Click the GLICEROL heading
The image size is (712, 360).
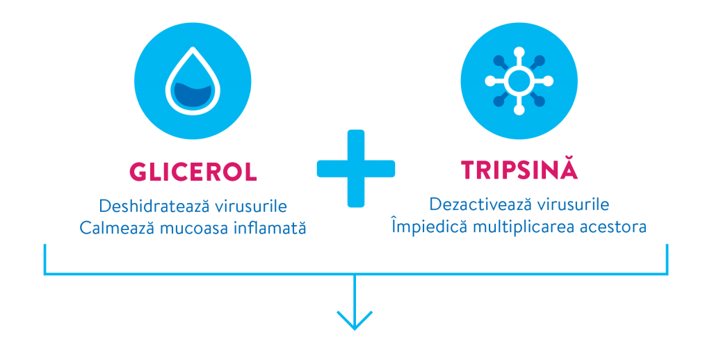click(193, 171)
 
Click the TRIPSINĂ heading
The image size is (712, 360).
click(519, 170)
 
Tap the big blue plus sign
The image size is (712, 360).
click(356, 167)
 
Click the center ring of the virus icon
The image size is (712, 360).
click(519, 82)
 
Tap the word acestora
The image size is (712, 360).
click(613, 227)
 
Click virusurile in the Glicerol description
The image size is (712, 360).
click(241, 206)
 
